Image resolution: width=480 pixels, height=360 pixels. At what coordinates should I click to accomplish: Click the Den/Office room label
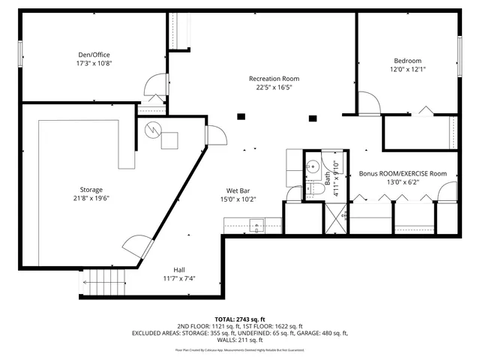point(94,54)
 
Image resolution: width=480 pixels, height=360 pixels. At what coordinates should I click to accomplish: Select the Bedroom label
point(407,61)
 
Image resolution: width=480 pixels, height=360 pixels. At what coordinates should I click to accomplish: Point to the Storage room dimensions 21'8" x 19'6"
point(91,199)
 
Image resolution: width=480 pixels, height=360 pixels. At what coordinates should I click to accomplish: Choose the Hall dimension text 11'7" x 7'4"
point(178,277)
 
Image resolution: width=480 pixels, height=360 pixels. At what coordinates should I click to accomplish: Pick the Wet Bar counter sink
point(256,223)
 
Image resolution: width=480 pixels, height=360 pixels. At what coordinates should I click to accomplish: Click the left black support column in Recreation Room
point(241,116)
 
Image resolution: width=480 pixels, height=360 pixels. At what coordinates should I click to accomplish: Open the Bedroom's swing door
point(369,103)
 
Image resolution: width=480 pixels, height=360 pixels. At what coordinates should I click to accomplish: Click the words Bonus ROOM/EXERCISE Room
point(402,173)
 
